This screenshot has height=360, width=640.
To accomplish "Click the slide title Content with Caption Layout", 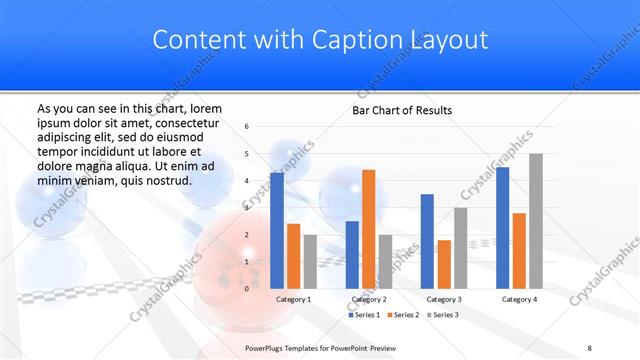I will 320,40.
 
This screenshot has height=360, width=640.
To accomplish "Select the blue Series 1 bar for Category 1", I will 277,230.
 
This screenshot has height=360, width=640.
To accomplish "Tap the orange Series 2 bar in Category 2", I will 368,229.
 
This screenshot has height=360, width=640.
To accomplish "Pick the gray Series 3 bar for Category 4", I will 536,221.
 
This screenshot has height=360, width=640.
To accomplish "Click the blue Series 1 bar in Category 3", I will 428,241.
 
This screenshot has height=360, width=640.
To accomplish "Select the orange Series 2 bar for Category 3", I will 444,264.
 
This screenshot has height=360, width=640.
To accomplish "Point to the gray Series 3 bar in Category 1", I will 309,261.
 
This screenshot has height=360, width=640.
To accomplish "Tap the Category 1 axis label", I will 293,299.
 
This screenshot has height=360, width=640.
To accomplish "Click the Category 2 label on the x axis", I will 368,299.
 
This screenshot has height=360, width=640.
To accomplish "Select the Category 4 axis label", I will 519,299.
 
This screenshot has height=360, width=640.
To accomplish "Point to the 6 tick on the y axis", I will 247,126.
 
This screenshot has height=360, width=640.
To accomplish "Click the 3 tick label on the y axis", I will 247,207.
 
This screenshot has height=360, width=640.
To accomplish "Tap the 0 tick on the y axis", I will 247,288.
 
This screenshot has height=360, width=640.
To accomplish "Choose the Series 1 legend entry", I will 365,315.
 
